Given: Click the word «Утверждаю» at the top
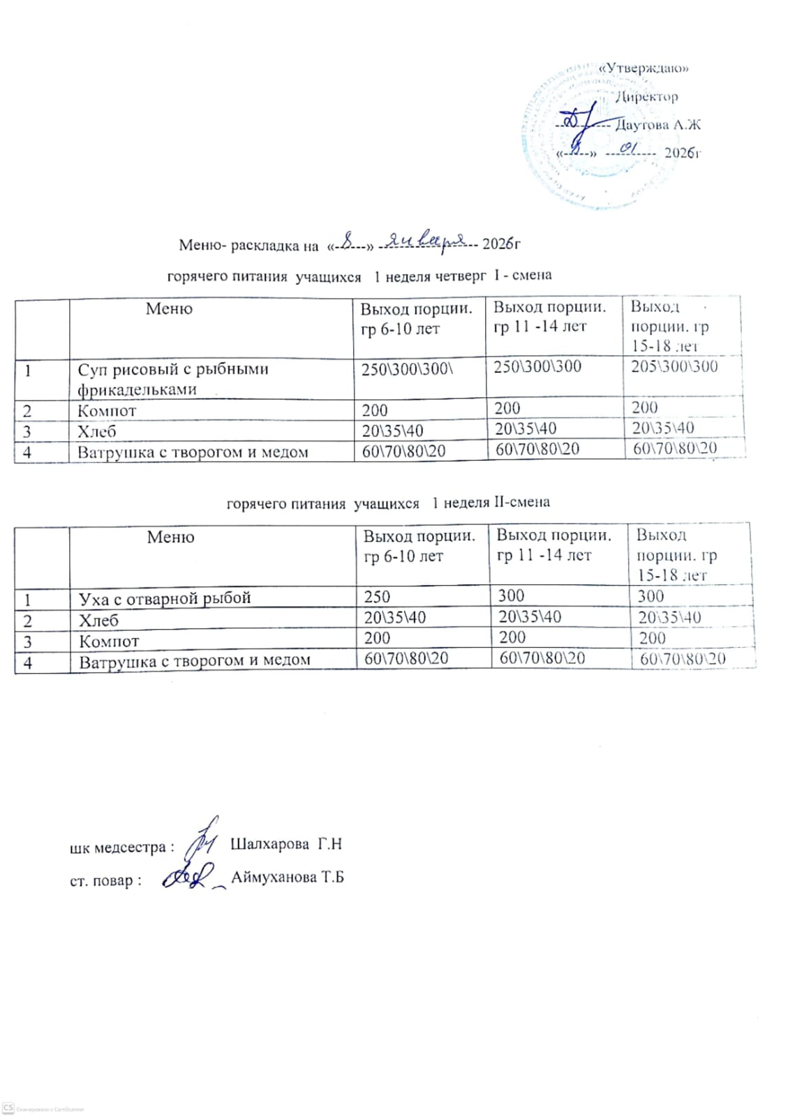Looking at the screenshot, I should pos(644,68).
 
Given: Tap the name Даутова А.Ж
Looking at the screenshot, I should pos(657,125).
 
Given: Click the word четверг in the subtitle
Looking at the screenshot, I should pos(460,276).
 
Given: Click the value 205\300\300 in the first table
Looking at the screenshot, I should pos(674,367).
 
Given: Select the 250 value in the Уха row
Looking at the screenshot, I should pos(377,597).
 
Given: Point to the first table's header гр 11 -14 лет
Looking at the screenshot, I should pos(540,326).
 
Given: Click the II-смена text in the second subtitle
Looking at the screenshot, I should pos(521,502).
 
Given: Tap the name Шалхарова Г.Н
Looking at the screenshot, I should pos(285,844).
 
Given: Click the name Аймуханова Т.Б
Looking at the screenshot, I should pos(288,877).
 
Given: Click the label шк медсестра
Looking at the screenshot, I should pos(119,848).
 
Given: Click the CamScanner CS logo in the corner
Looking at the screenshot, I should pos(8,1108).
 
